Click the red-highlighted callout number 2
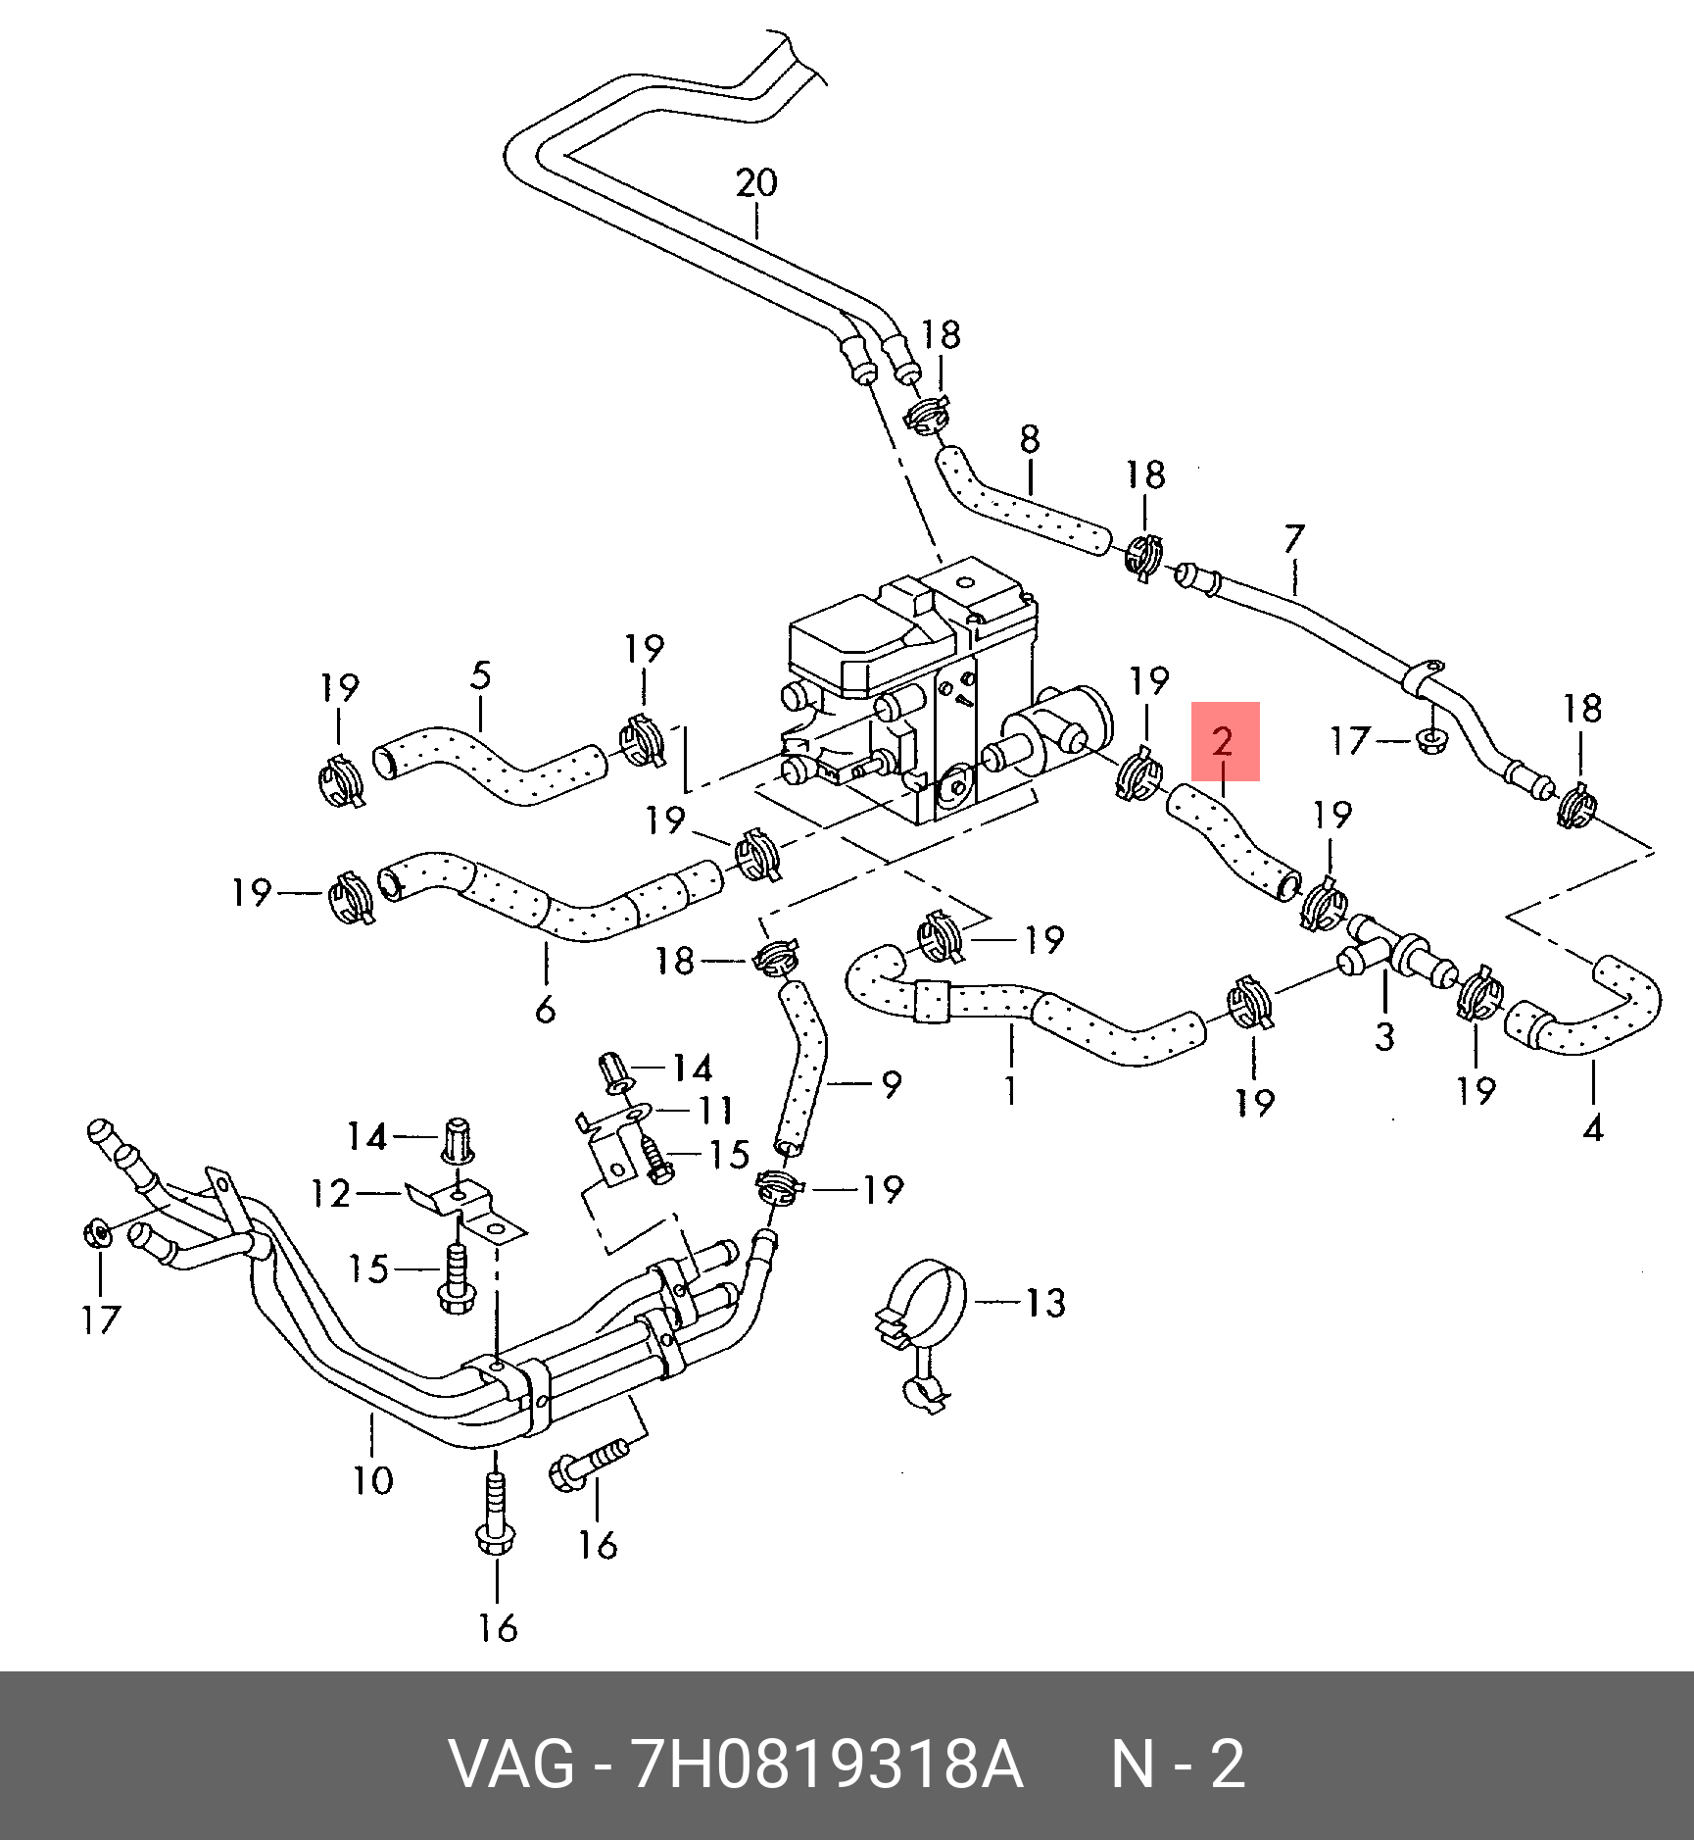(x=1224, y=742)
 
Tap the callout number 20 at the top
(x=756, y=183)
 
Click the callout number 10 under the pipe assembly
(x=372, y=1480)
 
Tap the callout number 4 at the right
(x=1593, y=1128)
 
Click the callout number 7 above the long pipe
(x=1294, y=539)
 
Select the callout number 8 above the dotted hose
(x=1030, y=439)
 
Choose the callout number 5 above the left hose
(x=480, y=675)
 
